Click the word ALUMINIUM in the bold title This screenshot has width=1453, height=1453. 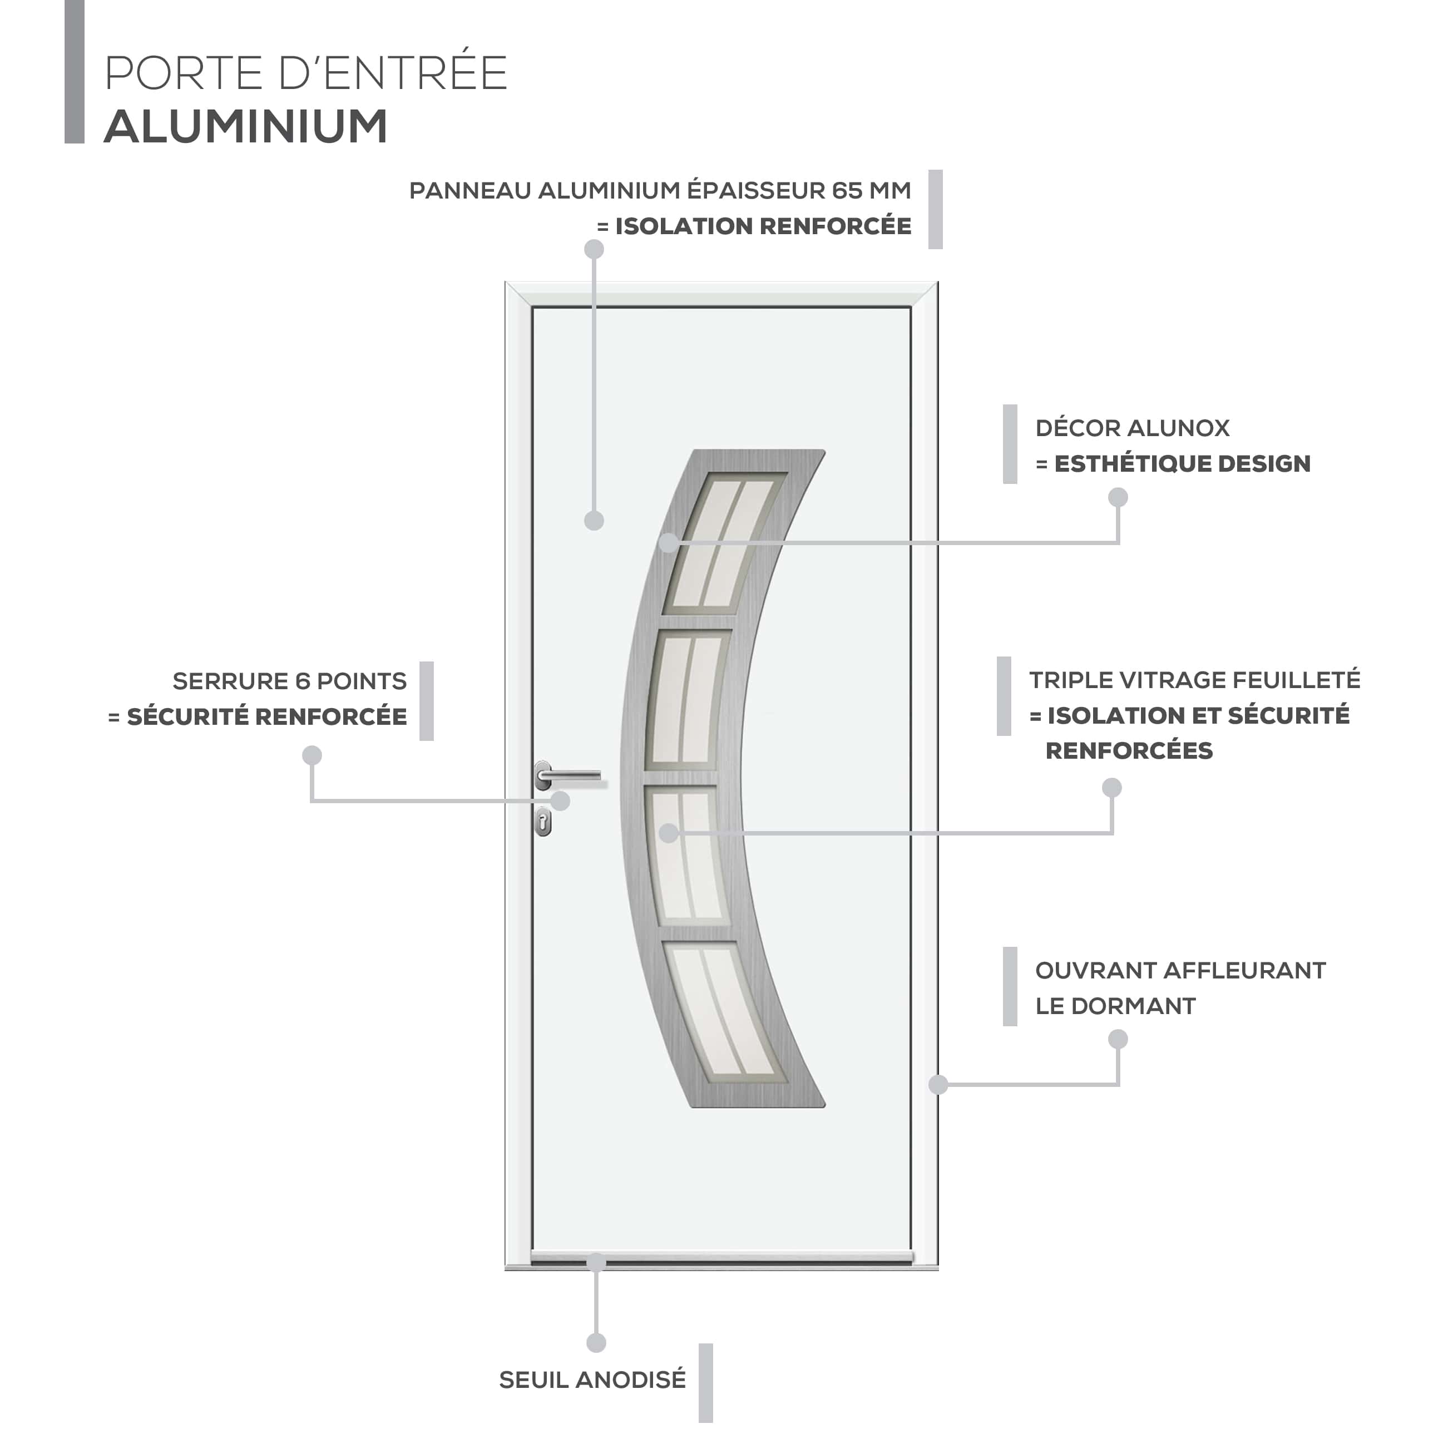(x=246, y=126)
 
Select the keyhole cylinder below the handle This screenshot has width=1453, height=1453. (x=543, y=822)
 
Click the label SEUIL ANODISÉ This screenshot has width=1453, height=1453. (x=592, y=1380)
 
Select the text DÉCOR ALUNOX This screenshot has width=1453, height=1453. (x=1133, y=428)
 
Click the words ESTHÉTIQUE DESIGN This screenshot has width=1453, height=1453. (x=1182, y=463)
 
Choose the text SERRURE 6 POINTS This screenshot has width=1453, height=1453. (x=290, y=681)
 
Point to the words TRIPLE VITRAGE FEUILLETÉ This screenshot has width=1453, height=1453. (x=1195, y=680)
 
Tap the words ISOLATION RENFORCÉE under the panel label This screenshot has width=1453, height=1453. (x=763, y=226)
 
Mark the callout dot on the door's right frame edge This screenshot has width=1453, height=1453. (x=938, y=1084)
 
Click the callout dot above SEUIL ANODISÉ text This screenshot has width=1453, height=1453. (x=596, y=1342)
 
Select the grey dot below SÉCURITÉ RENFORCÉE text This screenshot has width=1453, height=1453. (x=312, y=755)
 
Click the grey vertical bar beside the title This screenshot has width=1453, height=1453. (x=75, y=71)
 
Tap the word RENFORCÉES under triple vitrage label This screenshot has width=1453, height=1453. (x=1129, y=750)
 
